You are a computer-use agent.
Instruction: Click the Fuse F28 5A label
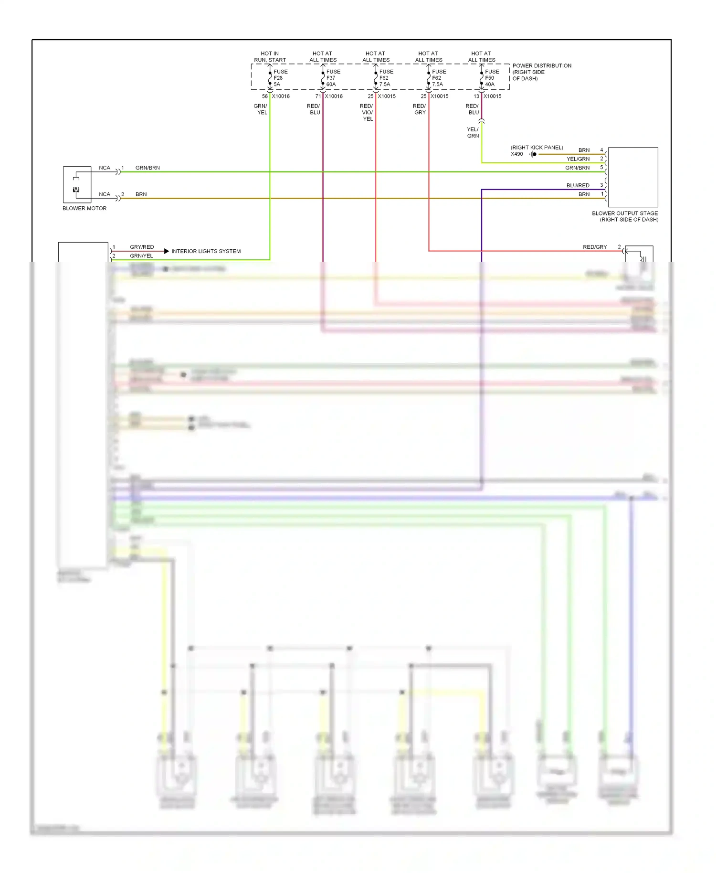point(280,78)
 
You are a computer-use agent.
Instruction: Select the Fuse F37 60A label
point(333,78)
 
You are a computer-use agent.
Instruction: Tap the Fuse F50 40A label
point(492,78)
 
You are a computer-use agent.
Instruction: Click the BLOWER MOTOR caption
point(84,209)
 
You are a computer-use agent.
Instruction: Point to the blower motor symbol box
point(77,185)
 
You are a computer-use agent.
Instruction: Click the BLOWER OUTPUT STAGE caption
point(625,216)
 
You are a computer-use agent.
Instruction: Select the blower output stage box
point(632,177)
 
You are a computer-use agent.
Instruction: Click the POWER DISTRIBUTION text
point(541,66)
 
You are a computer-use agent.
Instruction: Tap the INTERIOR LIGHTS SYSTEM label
point(206,251)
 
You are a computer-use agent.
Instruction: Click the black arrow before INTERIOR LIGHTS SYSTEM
point(166,251)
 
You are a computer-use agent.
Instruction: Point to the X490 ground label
point(516,154)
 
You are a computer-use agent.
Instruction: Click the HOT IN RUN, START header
point(270,57)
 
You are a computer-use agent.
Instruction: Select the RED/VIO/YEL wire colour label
point(367,113)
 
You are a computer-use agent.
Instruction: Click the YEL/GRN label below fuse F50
point(473,133)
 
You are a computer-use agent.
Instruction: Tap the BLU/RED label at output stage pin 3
point(578,185)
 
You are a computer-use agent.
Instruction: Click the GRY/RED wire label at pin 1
point(142,247)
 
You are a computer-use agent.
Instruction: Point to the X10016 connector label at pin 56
point(281,96)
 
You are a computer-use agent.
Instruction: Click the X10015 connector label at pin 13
point(493,96)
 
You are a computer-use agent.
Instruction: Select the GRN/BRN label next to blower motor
point(147,168)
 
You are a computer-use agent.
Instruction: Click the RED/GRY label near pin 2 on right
point(595,247)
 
